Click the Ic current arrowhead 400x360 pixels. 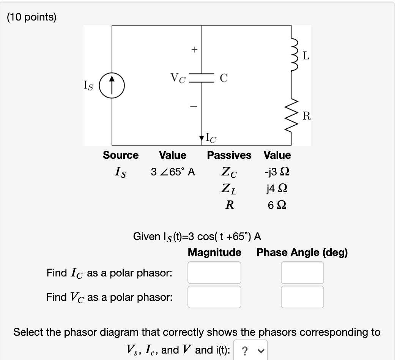tap(202, 137)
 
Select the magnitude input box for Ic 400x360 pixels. tap(214, 273)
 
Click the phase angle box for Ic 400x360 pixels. tap(302, 273)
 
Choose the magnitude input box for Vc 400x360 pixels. tap(214, 297)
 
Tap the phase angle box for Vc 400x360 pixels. tap(302, 297)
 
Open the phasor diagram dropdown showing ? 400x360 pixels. tap(251, 350)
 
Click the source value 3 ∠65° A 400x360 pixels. tap(173, 172)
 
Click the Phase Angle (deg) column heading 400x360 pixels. tap(302, 252)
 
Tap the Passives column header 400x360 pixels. tap(229, 155)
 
